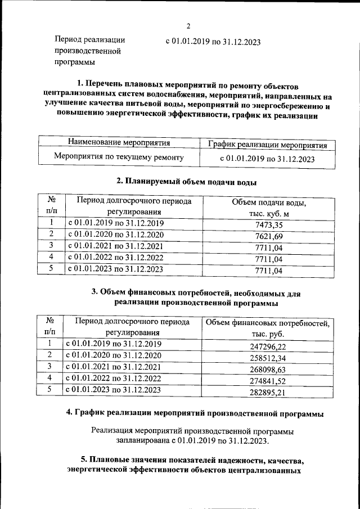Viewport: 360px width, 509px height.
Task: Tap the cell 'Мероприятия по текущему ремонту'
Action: tap(119, 157)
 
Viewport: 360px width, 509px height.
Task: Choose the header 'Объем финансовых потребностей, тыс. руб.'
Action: tap(267, 328)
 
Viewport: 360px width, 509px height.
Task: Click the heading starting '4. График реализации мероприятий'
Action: tap(195, 413)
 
